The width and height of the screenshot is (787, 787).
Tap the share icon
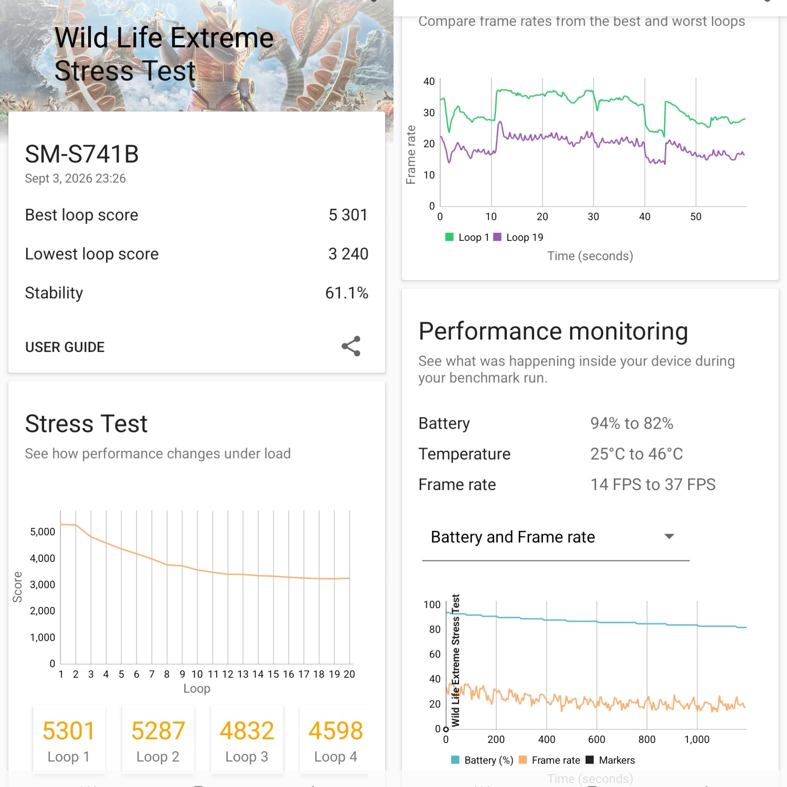click(x=351, y=346)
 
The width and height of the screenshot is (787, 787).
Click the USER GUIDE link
click(x=65, y=347)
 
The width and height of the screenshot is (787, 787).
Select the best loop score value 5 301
click(x=348, y=215)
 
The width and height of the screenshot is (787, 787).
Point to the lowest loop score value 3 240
click(x=348, y=254)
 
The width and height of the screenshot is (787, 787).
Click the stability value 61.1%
click(x=347, y=293)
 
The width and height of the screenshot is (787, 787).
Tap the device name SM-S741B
click(x=82, y=154)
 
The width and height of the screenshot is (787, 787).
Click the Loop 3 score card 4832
click(x=247, y=740)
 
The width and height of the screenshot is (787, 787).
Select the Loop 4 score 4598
click(x=336, y=731)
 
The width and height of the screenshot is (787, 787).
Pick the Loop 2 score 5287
click(x=158, y=731)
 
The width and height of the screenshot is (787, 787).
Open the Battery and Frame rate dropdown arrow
click(x=669, y=536)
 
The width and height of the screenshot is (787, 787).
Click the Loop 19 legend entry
click(x=518, y=237)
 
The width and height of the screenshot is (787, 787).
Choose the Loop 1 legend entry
click(x=467, y=237)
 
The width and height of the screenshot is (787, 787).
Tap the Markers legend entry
click(x=610, y=760)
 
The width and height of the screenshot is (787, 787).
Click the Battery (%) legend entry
click(x=482, y=760)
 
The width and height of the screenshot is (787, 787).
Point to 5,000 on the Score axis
click(x=42, y=532)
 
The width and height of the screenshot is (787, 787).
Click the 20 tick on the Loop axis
click(x=349, y=674)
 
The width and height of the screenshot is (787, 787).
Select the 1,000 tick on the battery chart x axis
click(x=697, y=739)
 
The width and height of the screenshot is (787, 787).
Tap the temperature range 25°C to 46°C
click(x=636, y=454)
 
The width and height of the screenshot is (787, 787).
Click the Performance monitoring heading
click(x=554, y=332)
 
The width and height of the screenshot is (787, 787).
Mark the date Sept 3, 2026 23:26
click(x=76, y=178)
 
